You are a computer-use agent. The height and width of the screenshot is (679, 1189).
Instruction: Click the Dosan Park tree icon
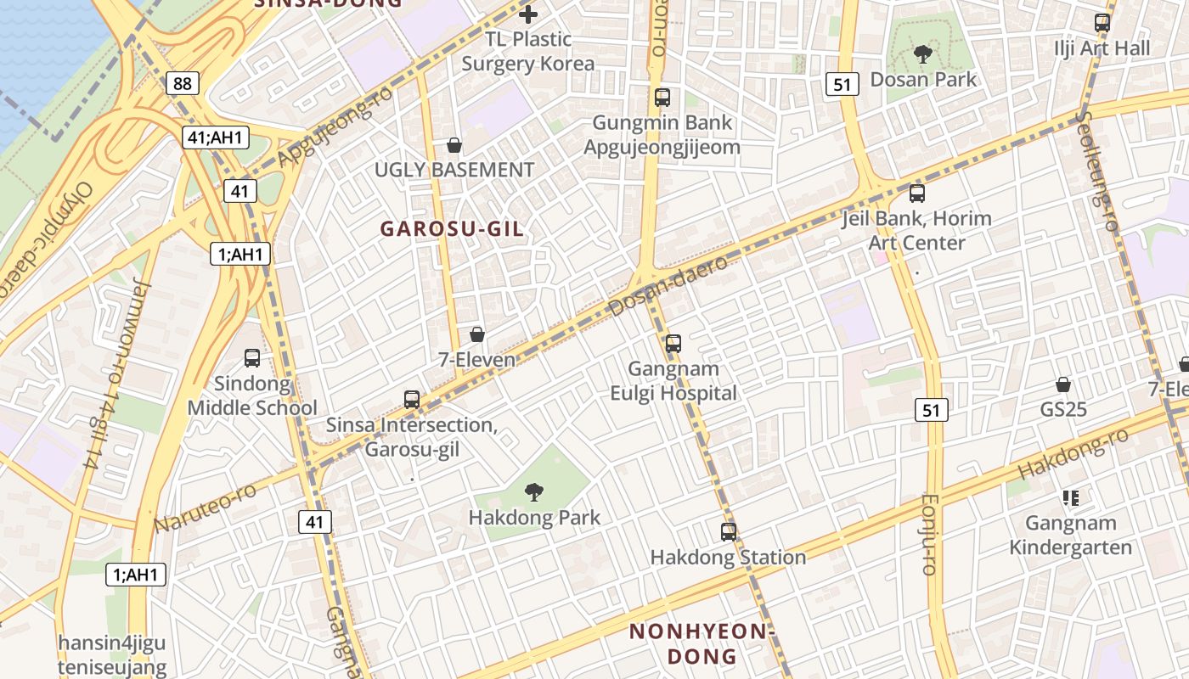point(922,55)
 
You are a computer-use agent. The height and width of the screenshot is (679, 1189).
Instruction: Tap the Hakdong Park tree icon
point(533,491)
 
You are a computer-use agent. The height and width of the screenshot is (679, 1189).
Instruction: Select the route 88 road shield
point(181,83)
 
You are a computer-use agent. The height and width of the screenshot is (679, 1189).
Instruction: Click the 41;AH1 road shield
point(215,137)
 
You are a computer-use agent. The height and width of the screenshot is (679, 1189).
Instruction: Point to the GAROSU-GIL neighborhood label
point(451,229)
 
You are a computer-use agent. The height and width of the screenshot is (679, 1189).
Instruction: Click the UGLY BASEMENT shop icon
point(454,145)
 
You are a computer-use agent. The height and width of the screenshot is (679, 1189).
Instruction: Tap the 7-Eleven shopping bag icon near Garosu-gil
point(477,334)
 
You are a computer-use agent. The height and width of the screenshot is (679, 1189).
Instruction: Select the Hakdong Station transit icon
point(729,532)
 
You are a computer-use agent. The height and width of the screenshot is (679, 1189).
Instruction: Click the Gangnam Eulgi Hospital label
point(673,381)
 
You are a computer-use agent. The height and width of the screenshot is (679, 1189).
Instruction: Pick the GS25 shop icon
point(1063,384)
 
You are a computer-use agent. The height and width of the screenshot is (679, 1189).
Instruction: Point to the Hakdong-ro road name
point(1073,453)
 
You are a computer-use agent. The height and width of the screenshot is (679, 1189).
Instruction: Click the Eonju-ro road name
point(928,535)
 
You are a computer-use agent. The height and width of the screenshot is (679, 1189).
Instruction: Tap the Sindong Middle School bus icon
point(252,358)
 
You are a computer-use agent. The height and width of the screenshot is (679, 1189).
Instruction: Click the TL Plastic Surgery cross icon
point(528,14)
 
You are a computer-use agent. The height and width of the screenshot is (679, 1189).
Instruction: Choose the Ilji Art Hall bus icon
point(1102,23)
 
